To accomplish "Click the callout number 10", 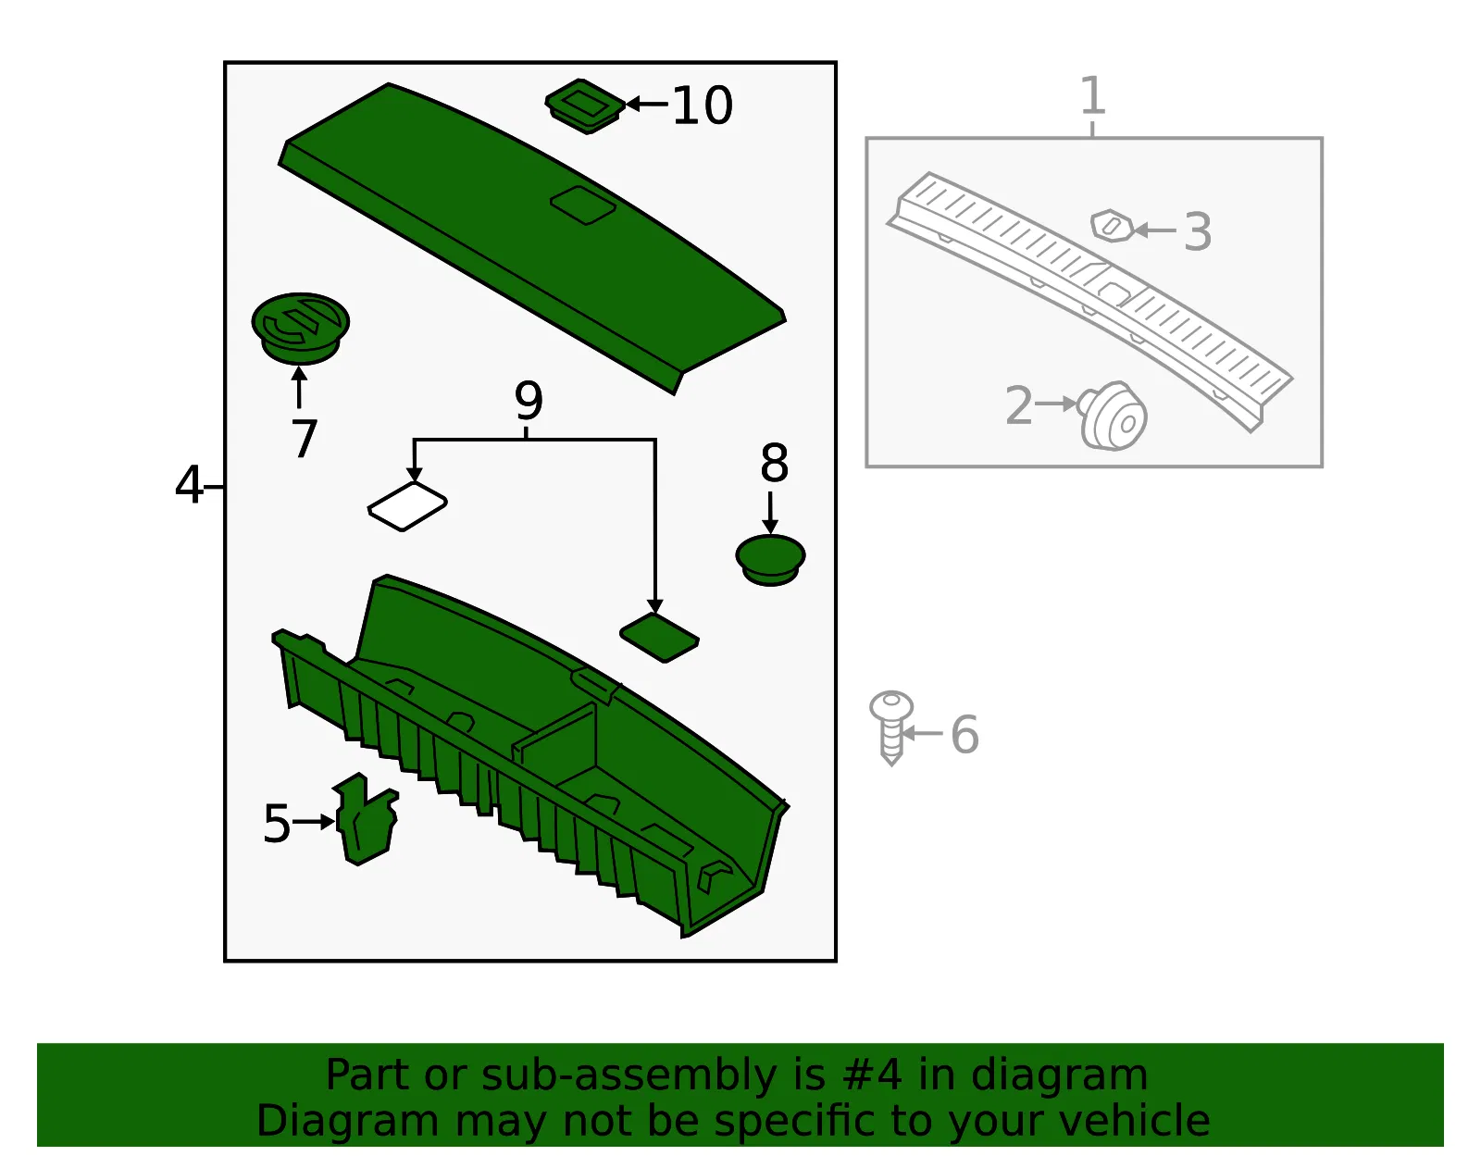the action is tap(702, 106).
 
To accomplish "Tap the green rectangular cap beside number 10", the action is tap(585, 106).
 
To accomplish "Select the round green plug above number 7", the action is tap(300, 329).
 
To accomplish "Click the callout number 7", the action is tap(304, 438).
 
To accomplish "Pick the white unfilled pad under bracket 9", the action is tap(407, 506).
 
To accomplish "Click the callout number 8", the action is tap(774, 463).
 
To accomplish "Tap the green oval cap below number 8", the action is tap(771, 560).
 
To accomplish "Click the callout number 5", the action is tap(277, 824).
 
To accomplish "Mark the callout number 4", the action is tap(189, 484).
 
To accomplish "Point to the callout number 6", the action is tap(965, 734).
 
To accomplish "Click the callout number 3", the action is tap(1198, 231).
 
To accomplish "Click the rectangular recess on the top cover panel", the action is tap(583, 205).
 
